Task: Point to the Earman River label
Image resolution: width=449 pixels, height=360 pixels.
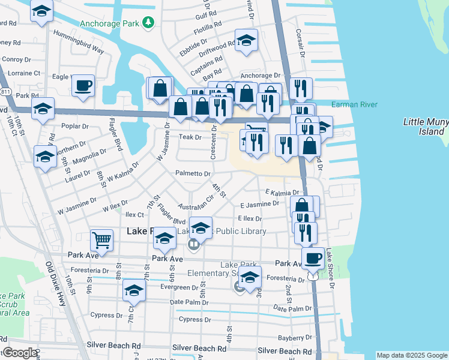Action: click(354, 105)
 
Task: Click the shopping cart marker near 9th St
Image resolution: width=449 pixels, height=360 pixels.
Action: click(102, 240)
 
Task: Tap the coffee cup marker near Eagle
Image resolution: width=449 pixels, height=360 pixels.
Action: click(83, 85)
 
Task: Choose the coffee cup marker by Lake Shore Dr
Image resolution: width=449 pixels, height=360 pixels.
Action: click(312, 258)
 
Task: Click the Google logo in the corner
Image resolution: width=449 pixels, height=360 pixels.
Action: click(19, 353)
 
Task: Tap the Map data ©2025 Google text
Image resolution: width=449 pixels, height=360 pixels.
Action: click(412, 355)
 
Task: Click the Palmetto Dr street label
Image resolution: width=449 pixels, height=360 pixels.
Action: click(193, 173)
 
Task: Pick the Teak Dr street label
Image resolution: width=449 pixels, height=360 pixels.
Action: click(189, 137)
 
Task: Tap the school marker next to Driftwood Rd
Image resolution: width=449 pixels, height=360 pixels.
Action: click(246, 40)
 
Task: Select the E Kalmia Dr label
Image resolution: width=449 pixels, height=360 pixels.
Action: click(282, 191)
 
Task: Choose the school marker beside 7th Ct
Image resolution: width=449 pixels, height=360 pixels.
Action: click(134, 290)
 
